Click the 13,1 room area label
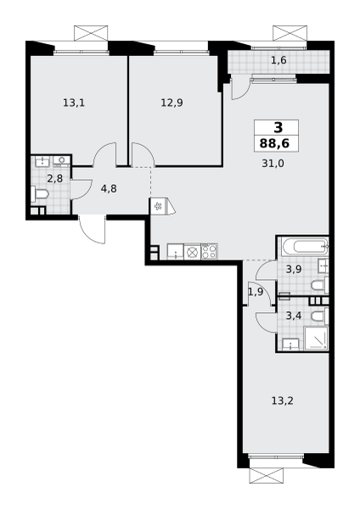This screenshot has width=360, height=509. coord(74,103)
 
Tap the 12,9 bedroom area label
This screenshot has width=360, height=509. coord(172,103)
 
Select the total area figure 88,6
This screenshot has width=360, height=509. coord(274,143)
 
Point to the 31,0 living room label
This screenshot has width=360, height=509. coord(273,164)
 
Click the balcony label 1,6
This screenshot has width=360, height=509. coord(278,60)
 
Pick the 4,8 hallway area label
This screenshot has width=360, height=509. coord(109,188)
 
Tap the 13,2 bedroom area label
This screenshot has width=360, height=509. coord(283,401)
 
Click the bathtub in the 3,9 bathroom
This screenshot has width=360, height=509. coord(306,247)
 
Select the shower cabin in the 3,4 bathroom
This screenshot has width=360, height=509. coord(316,338)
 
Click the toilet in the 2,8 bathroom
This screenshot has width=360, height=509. coord(40,195)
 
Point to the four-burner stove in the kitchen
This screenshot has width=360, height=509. coord(209,251)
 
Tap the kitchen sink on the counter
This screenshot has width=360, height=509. coord(176,252)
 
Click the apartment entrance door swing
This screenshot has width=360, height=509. coord(92,229)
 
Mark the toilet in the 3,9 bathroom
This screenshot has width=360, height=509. coord(320,286)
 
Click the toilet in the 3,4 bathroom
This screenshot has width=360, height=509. coord(320,316)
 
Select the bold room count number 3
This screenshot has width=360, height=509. coord(278,128)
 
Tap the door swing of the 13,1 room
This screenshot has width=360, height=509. coord(104,154)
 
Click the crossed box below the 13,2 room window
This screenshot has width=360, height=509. coord(267,476)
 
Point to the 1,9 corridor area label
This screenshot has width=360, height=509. coord(256,292)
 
